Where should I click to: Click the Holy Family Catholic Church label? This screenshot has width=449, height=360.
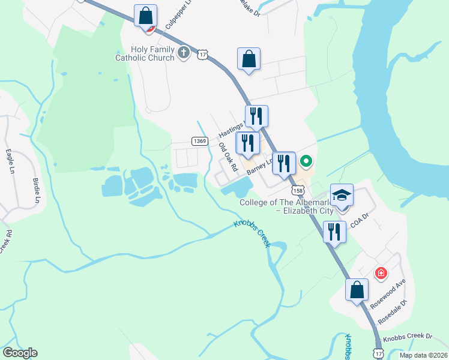pyautogui.click(x=145, y=53)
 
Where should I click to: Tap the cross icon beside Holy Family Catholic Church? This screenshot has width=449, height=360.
pyautogui.click(x=184, y=54)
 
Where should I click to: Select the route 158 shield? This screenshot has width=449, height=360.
pyautogui.click(x=297, y=190)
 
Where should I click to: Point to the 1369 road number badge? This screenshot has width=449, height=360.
pyautogui.click(x=200, y=141)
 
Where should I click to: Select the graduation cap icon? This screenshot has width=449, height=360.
pyautogui.click(x=342, y=196)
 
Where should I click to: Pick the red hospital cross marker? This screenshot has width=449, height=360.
pyautogui.click(x=381, y=274)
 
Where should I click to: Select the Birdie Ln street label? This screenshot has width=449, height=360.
pyautogui.click(x=37, y=190)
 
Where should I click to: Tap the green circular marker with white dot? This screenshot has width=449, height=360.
pyautogui.click(x=306, y=161)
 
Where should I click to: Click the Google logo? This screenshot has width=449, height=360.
pyautogui.click(x=20, y=353)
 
